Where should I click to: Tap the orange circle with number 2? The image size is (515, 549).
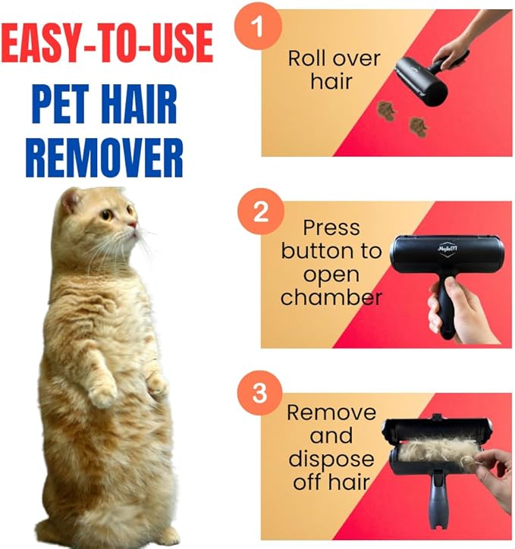tap(260, 212)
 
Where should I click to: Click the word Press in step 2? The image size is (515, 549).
tap(331, 227)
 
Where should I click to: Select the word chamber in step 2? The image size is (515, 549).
tap(331, 297)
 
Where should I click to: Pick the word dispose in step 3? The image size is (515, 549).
tap(331, 459)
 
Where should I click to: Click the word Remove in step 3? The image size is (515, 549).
tap(331, 413)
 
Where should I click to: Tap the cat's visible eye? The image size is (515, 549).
tap(107, 215)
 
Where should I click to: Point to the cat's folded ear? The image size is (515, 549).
tap(71, 201)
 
